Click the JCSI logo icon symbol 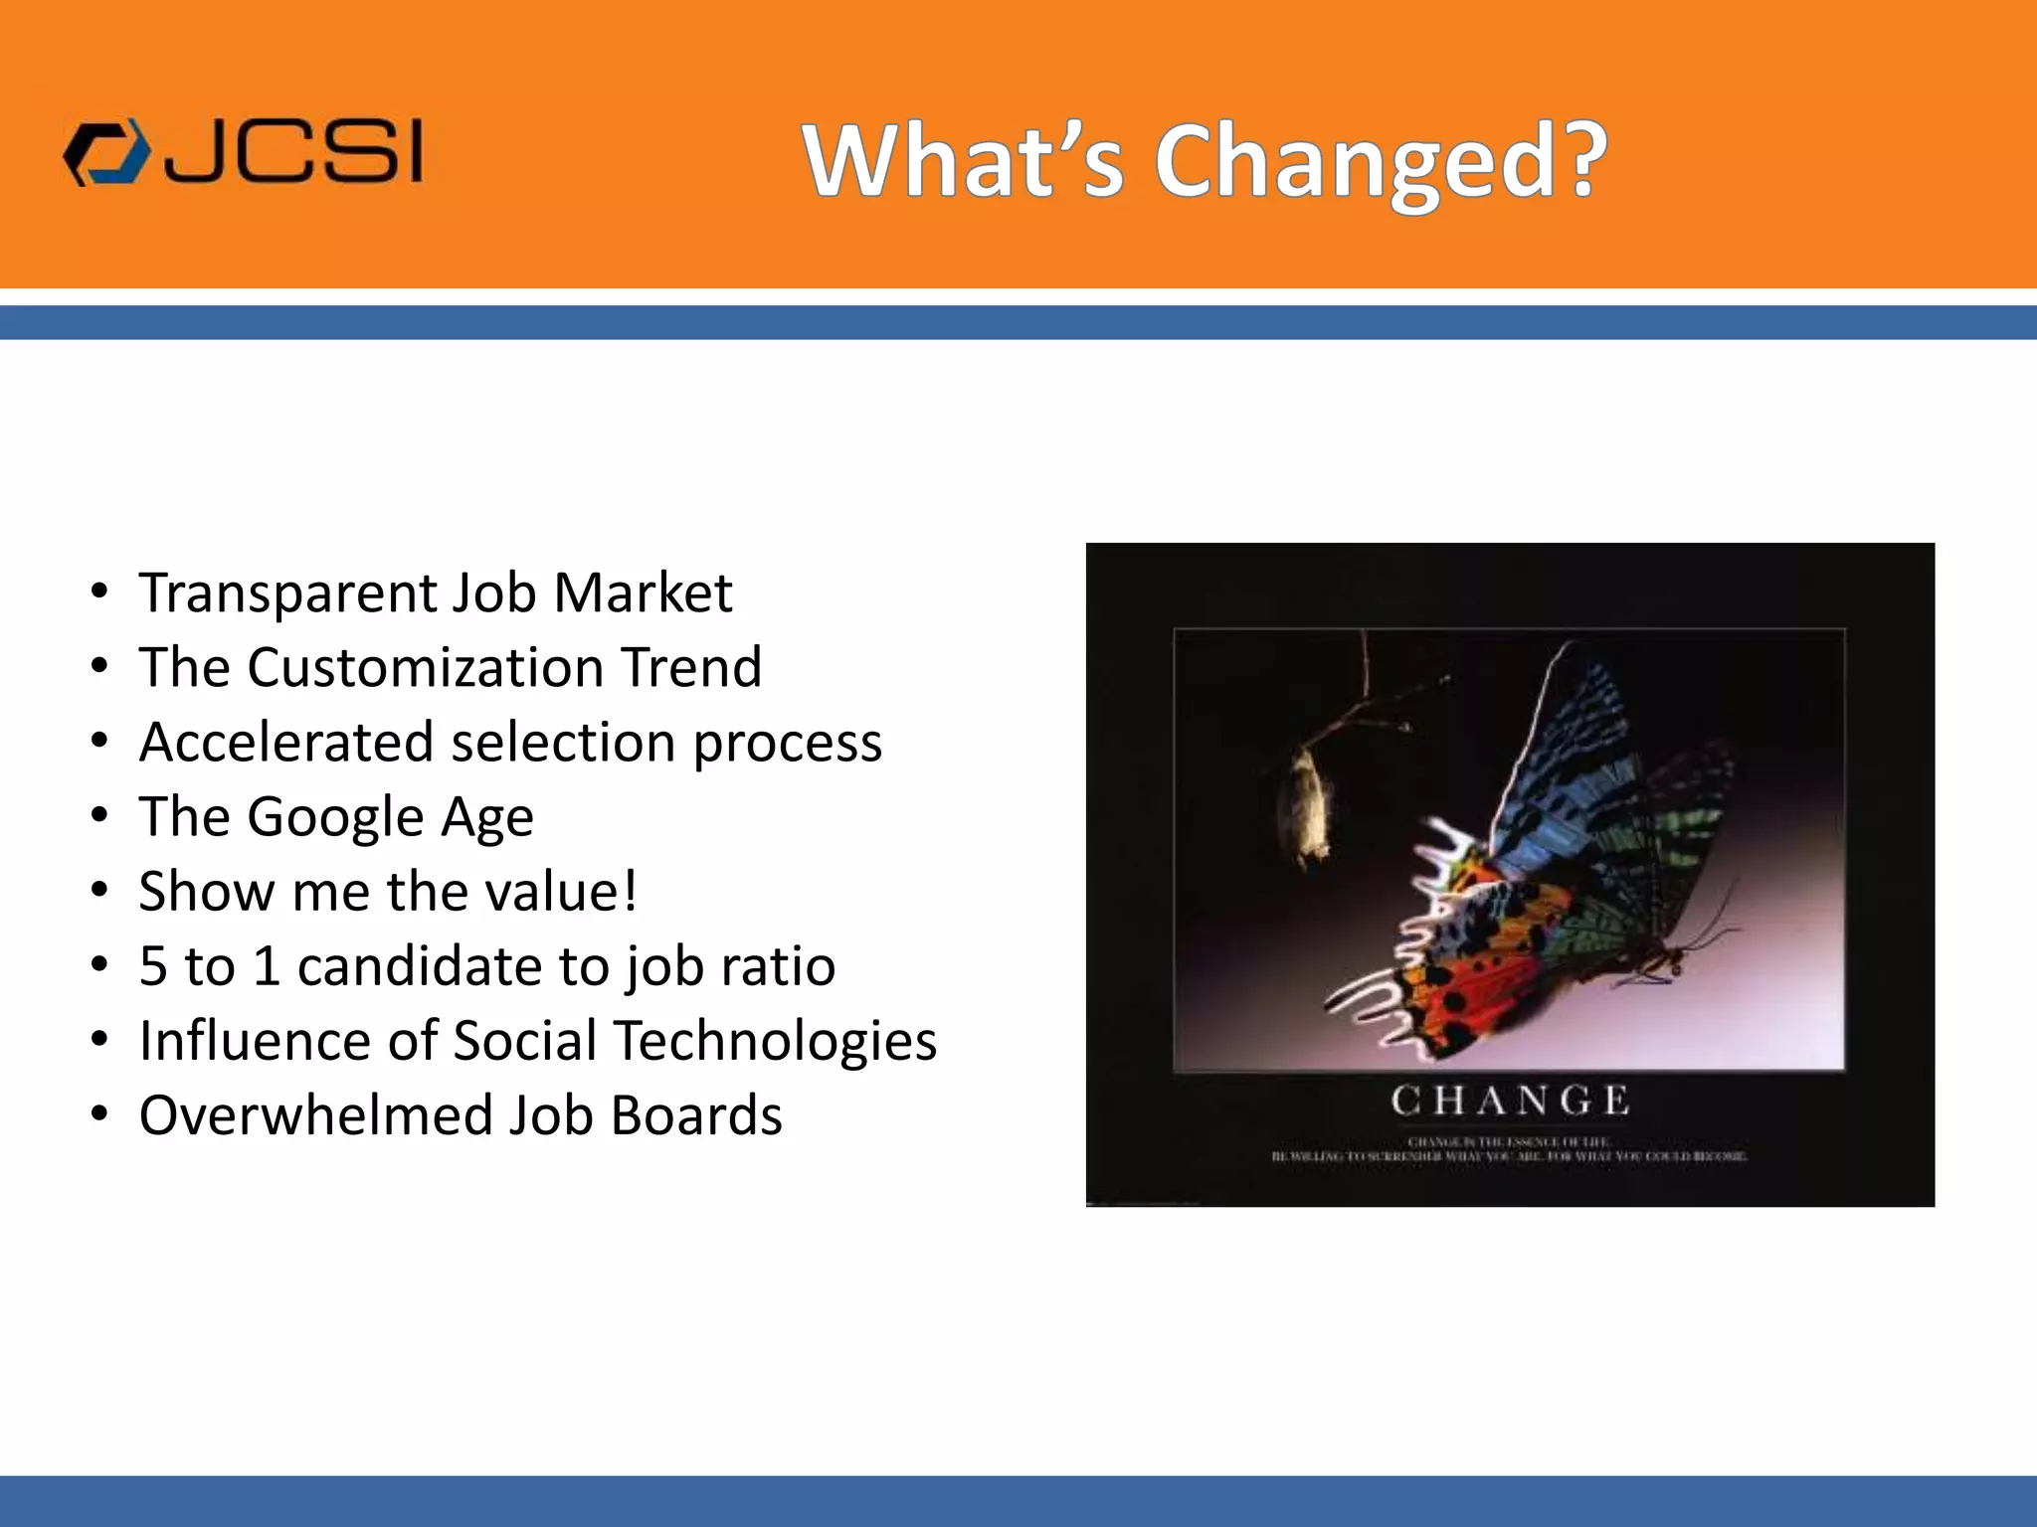coord(105,154)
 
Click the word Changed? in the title coord(1380,162)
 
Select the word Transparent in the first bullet coord(286,594)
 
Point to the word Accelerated coord(286,743)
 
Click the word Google coord(335,817)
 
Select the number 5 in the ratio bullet coord(153,966)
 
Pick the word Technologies coord(774,1041)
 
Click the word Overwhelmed coord(315,1115)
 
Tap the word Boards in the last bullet coord(696,1115)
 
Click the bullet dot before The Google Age coord(98,816)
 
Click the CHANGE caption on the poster coord(1509,1102)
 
